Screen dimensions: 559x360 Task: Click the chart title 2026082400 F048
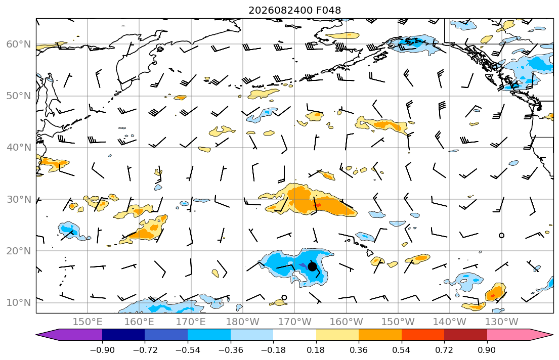pyautogui.click(x=294, y=10)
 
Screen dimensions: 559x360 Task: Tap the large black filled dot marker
pyautogui.click(x=312, y=266)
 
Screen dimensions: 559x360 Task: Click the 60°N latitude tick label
pyautogui.click(x=19, y=44)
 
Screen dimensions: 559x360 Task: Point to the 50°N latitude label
pyautogui.click(x=19, y=96)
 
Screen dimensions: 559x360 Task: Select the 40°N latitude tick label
pyautogui.click(x=19, y=148)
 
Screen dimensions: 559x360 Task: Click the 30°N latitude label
pyautogui.click(x=19, y=199)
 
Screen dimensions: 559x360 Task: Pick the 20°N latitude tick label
pyautogui.click(x=19, y=251)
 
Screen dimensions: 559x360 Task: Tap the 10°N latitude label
pyautogui.click(x=19, y=303)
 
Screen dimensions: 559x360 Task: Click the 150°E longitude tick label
pyautogui.click(x=88, y=322)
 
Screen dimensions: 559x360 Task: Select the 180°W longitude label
pyautogui.click(x=243, y=322)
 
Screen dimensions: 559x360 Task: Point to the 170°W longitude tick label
pyautogui.click(x=294, y=322)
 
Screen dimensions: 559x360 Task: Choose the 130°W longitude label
pyautogui.click(x=502, y=322)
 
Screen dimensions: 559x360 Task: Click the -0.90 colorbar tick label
pyautogui.click(x=102, y=350)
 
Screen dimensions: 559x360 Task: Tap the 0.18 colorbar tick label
pyautogui.click(x=316, y=350)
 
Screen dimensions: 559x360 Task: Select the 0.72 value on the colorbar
pyautogui.click(x=444, y=350)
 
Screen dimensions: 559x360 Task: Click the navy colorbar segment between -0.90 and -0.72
pyautogui.click(x=124, y=335)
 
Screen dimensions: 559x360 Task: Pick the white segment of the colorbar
pyautogui.click(x=294, y=335)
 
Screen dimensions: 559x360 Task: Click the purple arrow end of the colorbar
pyautogui.click(x=69, y=335)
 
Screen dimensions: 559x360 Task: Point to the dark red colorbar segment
pyautogui.click(x=465, y=335)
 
